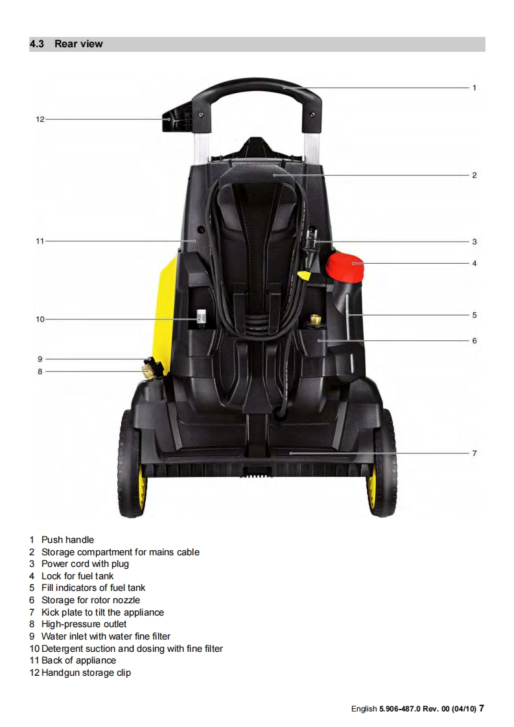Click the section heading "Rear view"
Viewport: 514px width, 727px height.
(78, 44)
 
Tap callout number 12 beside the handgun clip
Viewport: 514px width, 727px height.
(40, 119)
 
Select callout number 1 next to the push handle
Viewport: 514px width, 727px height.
(474, 87)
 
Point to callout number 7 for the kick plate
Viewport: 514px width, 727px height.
(474, 454)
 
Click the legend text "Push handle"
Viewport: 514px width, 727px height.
(67, 540)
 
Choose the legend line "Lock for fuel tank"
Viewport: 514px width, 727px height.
(77, 576)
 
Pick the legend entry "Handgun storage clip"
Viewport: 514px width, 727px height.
(86, 673)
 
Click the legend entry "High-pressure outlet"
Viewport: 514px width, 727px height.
(84, 624)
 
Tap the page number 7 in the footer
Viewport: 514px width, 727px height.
(482, 708)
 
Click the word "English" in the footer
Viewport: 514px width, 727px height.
(364, 709)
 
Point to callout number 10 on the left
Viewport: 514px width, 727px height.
(40, 319)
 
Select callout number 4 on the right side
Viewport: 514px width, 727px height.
(474, 264)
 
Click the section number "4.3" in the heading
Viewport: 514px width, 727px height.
(37, 44)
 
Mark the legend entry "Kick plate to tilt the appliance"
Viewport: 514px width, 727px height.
(102, 612)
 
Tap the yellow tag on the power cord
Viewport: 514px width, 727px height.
(303, 274)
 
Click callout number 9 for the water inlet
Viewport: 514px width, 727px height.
(40, 359)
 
